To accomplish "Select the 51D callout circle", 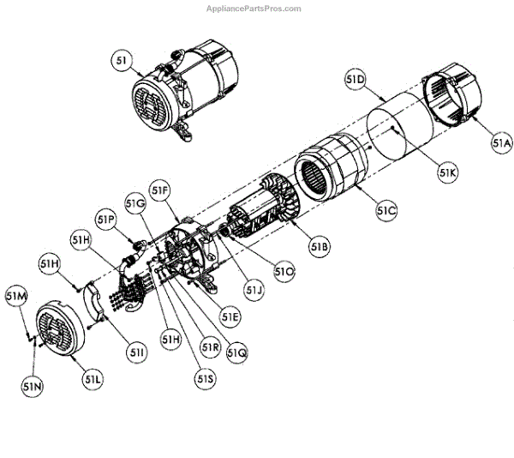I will (356, 80).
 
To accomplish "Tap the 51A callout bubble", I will (501, 145).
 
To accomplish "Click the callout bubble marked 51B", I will (320, 248).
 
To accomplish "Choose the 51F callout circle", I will (160, 189).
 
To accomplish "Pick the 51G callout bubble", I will (134, 203).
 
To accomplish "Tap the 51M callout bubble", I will (16, 297).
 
